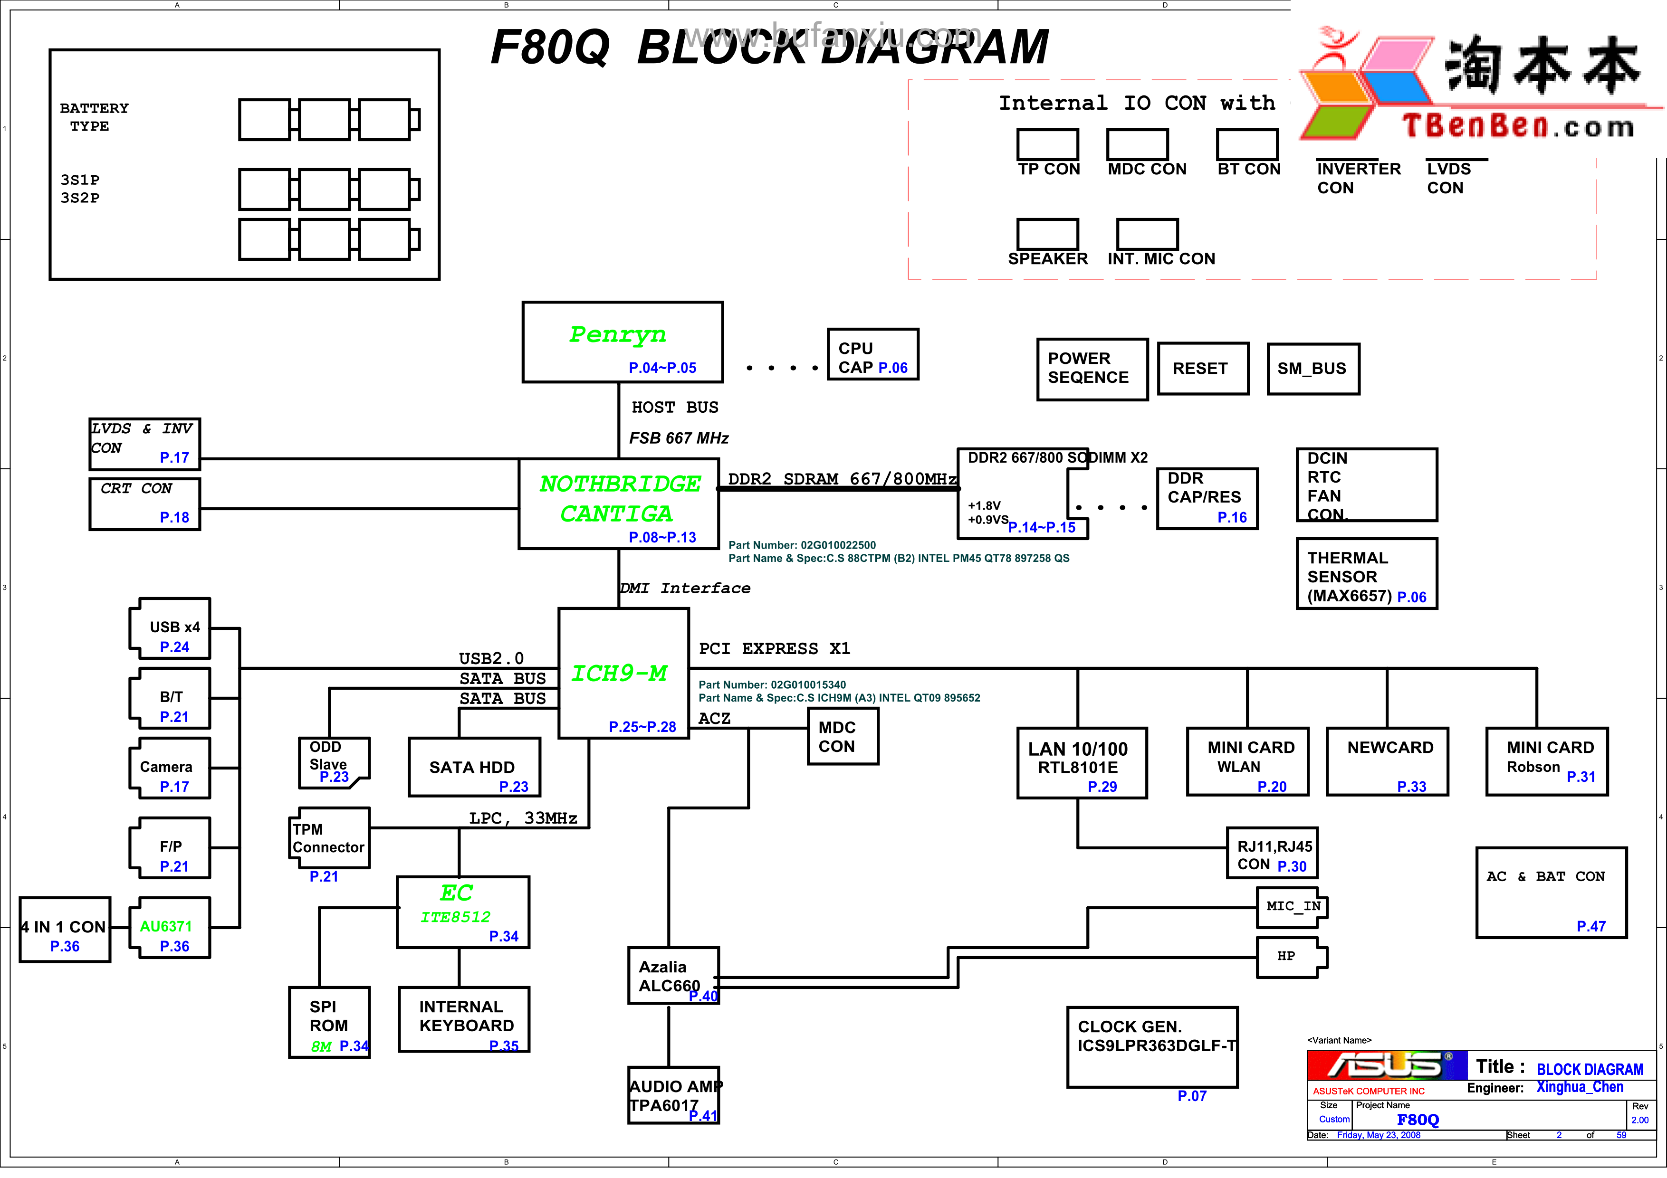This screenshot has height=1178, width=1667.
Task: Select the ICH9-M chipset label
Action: click(x=619, y=674)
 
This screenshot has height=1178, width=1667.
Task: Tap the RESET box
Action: click(x=1202, y=369)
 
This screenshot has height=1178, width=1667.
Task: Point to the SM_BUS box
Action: click(x=1312, y=369)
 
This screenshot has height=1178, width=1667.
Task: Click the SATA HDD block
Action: click(x=473, y=767)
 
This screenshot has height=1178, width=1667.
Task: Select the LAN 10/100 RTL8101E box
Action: click(x=1081, y=762)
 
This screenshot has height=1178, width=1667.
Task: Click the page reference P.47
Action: click(x=1591, y=926)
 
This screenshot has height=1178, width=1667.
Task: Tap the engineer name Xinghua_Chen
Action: click(x=1579, y=1087)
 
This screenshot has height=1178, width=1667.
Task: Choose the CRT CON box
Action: click(x=144, y=503)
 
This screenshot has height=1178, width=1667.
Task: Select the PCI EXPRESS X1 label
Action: click(x=774, y=648)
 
